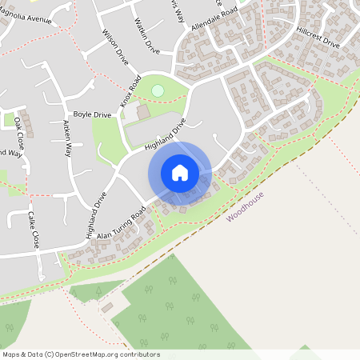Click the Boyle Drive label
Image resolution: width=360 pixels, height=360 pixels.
pos(92,115)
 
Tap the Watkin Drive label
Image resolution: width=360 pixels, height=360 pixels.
pos(148,37)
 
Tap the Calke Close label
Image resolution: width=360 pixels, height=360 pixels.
pos(33,230)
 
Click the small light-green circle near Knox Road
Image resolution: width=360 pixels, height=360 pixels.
pos(157,90)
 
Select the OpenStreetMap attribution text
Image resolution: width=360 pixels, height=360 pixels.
pos(81,354)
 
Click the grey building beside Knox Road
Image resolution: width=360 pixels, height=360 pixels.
pos(142,113)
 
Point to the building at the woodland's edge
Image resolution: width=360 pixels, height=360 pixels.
pos(107,307)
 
